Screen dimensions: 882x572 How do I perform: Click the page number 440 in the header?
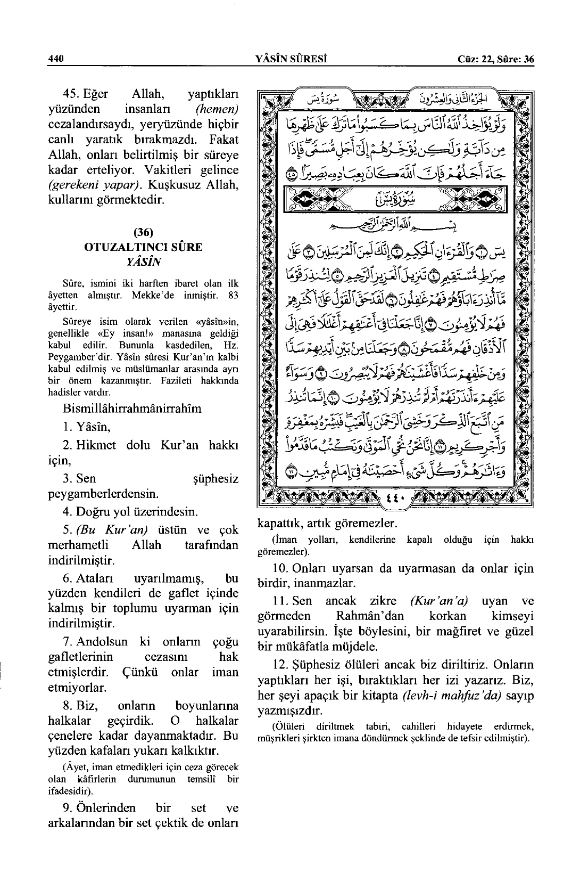tap(55, 59)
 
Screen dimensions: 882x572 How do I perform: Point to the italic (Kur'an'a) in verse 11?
tap(439, 601)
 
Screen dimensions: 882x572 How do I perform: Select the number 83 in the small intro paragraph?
tap(232, 295)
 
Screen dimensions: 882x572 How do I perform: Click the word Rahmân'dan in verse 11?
tap(370, 616)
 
